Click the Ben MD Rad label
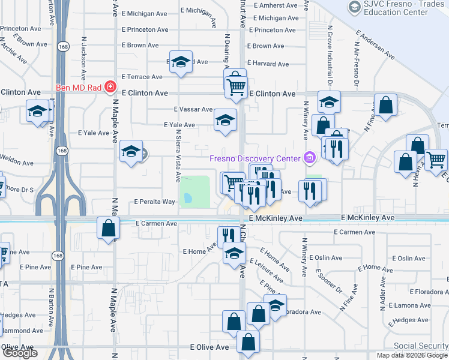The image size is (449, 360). pyautogui.click(x=80, y=87)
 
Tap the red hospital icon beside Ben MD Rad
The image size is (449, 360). pyautogui.click(x=110, y=87)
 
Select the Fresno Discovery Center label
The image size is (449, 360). pyautogui.click(x=255, y=158)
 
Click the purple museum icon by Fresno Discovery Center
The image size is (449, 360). pyautogui.click(x=309, y=158)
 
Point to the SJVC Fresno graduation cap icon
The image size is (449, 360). pyautogui.click(x=354, y=7)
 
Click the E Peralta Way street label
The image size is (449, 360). pyautogui.click(x=154, y=202)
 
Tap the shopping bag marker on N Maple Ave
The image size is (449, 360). pyautogui.click(x=109, y=229)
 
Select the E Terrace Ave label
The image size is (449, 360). pyautogui.click(x=142, y=77)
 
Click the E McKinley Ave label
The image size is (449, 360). pyautogui.click(x=367, y=217)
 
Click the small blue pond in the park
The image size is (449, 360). pyautogui.click(x=188, y=197)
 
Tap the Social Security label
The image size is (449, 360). pyautogui.click(x=420, y=346)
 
